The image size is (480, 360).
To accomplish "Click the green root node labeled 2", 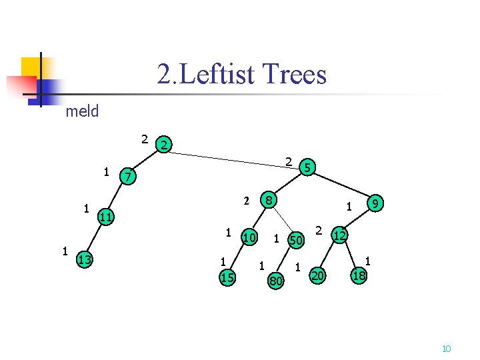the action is pyautogui.click(x=164, y=145).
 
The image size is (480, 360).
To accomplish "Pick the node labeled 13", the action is pyautogui.click(x=84, y=259).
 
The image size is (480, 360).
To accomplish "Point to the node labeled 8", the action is pyautogui.click(x=268, y=199).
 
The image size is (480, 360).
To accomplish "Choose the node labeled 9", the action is pyautogui.click(x=376, y=203).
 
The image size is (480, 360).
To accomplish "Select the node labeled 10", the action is pyautogui.click(x=249, y=238).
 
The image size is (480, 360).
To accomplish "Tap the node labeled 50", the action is pyautogui.click(x=295, y=239).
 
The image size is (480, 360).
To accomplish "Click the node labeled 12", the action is pyautogui.click(x=339, y=235).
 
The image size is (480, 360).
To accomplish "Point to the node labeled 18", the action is pyautogui.click(x=359, y=275).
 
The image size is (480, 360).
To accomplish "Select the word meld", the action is pyautogui.click(x=82, y=111).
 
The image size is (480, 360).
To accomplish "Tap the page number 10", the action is pyautogui.click(x=447, y=349).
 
